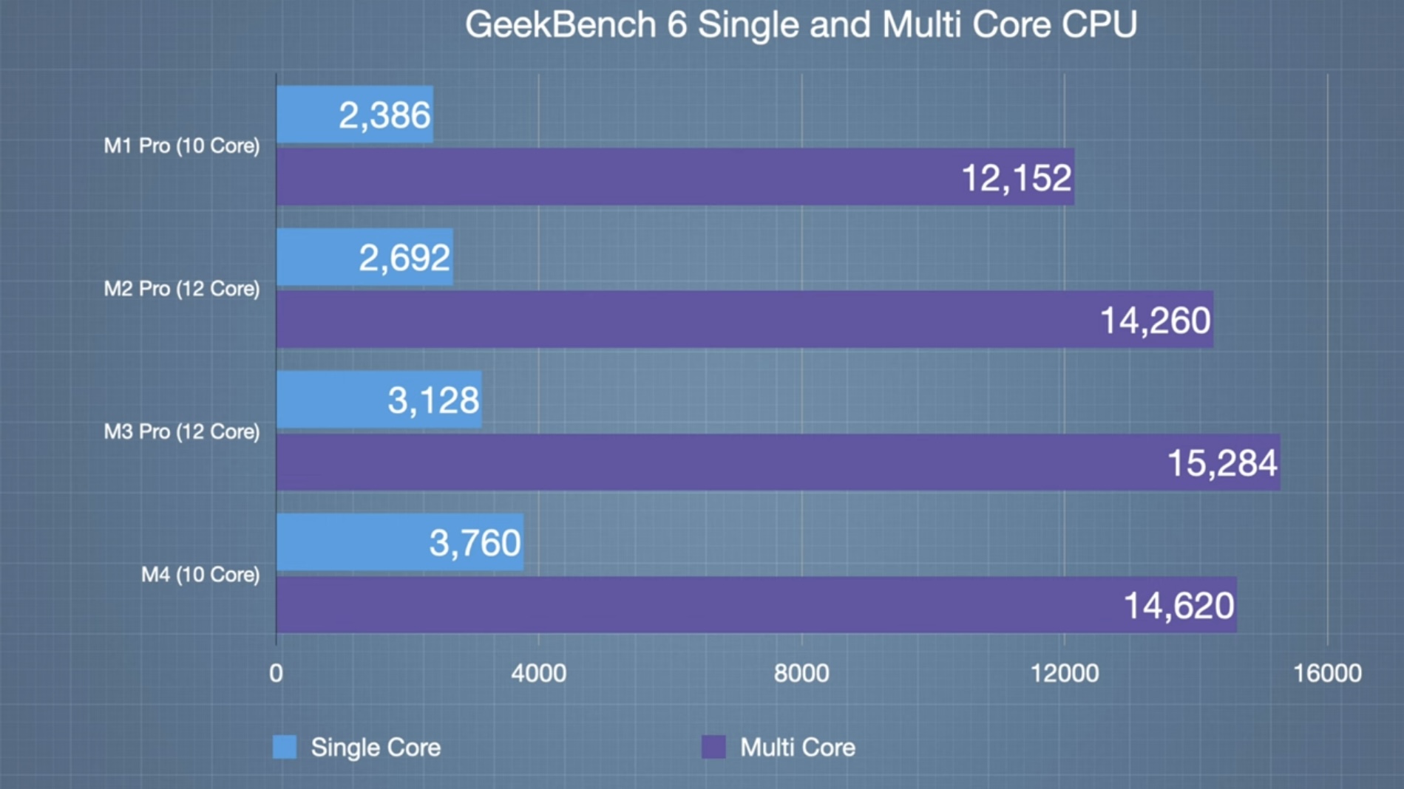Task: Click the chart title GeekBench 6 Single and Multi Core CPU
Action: pyautogui.click(x=801, y=25)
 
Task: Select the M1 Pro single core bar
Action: pyautogui.click(x=354, y=115)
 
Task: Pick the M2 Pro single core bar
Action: pyautogui.click(x=364, y=257)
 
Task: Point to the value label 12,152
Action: pyautogui.click(x=1016, y=178)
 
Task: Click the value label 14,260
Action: pyautogui.click(x=1155, y=321)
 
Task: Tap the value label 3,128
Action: pyautogui.click(x=433, y=400)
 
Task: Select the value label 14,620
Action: pyautogui.click(x=1179, y=606)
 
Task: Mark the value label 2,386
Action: pyautogui.click(x=384, y=115)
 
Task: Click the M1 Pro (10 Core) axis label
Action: pyautogui.click(x=182, y=146)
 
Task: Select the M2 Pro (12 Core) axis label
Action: pyautogui.click(x=182, y=288)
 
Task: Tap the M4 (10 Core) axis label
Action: pyautogui.click(x=200, y=574)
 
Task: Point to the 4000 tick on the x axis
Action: pyautogui.click(x=538, y=673)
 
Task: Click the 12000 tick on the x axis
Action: pyautogui.click(x=1065, y=673)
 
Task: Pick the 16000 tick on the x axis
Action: pyautogui.click(x=1327, y=673)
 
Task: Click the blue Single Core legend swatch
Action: pyautogui.click(x=285, y=747)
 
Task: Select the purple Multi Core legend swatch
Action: pyautogui.click(x=713, y=747)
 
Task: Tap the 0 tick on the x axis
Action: pyautogui.click(x=276, y=673)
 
